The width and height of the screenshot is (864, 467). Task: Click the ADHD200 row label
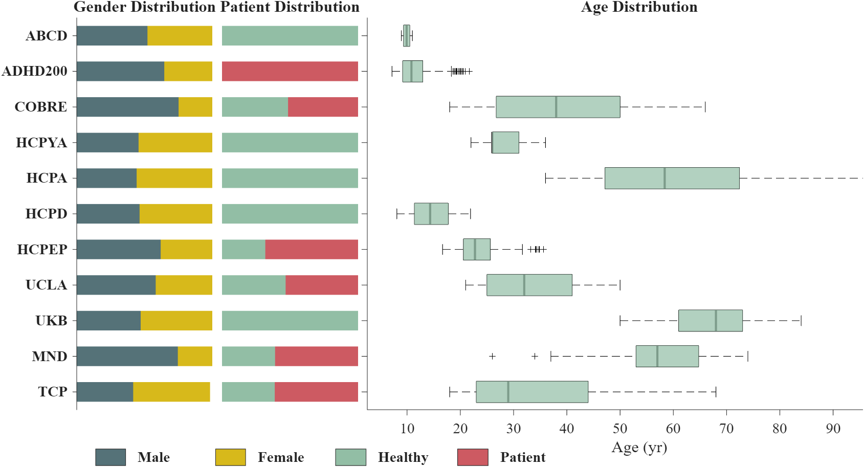tap(34, 71)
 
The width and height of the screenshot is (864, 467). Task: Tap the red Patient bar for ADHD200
tap(290, 71)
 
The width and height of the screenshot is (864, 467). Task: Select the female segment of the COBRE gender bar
tap(195, 107)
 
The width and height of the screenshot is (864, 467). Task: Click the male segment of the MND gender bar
tap(127, 356)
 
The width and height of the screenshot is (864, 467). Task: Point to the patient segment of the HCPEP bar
tap(311, 249)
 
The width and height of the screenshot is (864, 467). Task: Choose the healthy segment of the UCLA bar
tap(253, 285)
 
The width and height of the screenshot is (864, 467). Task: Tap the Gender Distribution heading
tap(145, 7)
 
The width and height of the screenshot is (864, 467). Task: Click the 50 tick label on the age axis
tap(620, 429)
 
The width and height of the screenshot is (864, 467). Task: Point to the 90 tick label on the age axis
tap(833, 429)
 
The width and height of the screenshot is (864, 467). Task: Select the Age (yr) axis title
tap(639, 448)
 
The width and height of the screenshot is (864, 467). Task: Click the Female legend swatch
tap(230, 457)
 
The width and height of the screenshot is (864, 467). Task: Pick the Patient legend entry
tap(522, 457)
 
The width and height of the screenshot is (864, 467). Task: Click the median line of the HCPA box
tap(664, 178)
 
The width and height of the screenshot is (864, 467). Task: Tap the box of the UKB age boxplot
tap(710, 321)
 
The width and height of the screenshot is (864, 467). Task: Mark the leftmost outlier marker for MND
tap(492, 356)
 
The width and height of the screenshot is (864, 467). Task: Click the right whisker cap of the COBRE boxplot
tap(705, 107)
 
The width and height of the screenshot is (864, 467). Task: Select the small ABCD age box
tap(406, 36)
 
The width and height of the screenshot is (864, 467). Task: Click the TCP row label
tap(52, 392)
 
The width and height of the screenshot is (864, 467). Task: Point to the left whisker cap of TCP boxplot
tap(450, 392)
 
